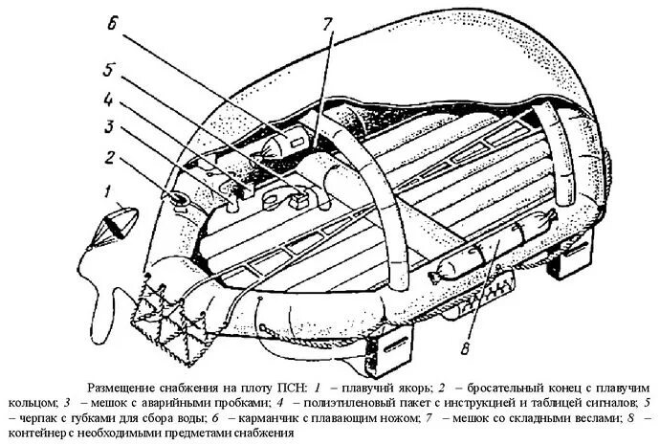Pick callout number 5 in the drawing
pyautogui.click(x=109, y=70)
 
